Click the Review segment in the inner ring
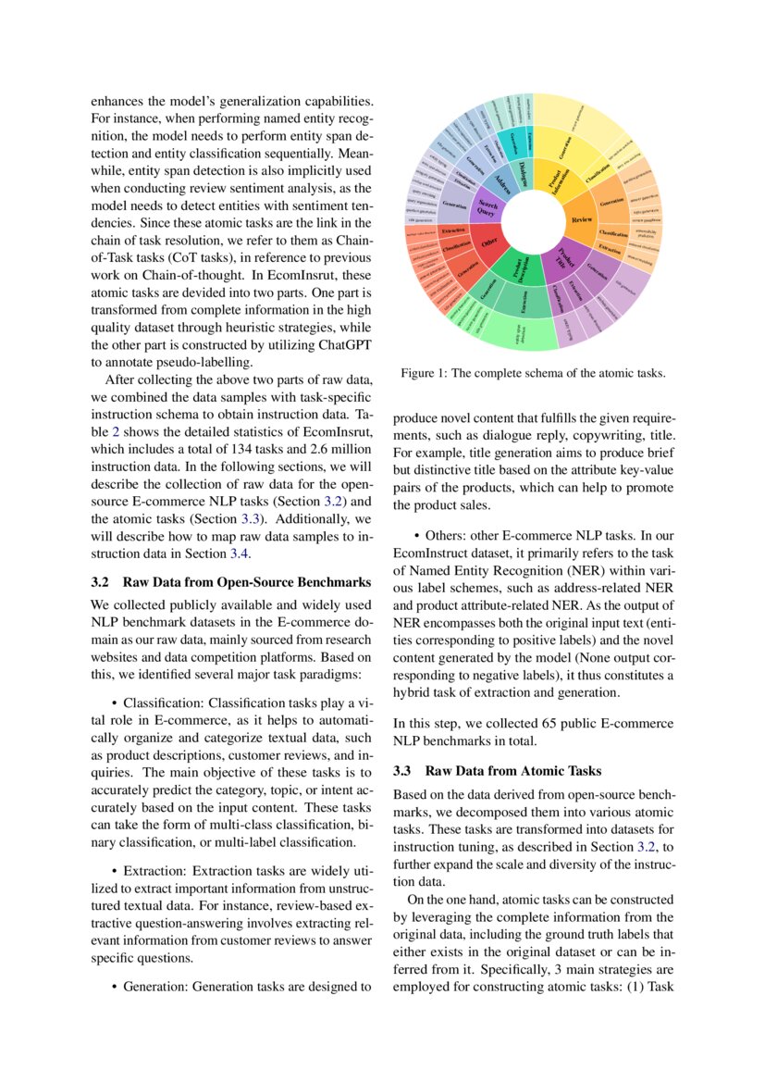pyautogui.click(x=582, y=219)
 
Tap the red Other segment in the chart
pyautogui.click(x=488, y=243)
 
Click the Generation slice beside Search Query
pyautogui.click(x=454, y=204)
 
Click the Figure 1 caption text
pyautogui.click(x=532, y=373)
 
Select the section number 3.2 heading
pyautogui.click(x=102, y=582)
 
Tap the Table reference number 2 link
pyautogui.click(x=116, y=430)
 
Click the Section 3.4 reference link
pyautogui.click(x=240, y=553)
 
